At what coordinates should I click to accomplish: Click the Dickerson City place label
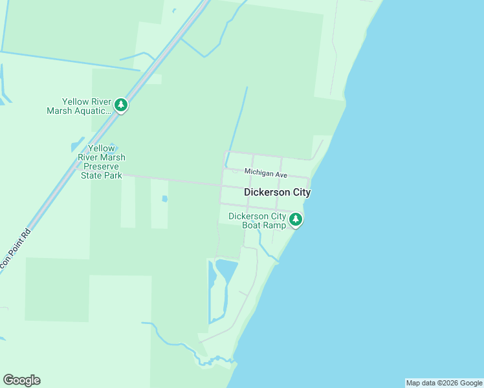click(277, 193)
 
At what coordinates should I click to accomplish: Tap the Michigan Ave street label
click(265, 173)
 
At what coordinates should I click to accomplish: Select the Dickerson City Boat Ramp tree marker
click(296, 219)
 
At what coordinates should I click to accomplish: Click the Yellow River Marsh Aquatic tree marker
click(120, 104)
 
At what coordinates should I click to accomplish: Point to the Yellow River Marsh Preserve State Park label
click(102, 162)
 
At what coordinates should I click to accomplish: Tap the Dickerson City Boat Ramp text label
click(257, 221)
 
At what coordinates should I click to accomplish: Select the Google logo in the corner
click(21, 380)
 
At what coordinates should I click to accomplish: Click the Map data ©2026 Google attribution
click(444, 383)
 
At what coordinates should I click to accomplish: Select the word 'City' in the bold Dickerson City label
click(299, 193)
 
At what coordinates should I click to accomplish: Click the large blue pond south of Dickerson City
click(227, 269)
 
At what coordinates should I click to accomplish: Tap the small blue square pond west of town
click(164, 199)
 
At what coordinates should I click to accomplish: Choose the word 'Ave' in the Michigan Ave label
click(280, 173)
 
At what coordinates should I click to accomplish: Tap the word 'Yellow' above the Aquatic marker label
click(75, 102)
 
